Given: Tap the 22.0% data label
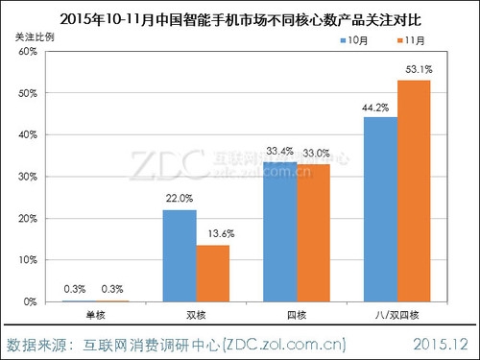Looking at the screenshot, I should point(180,199).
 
